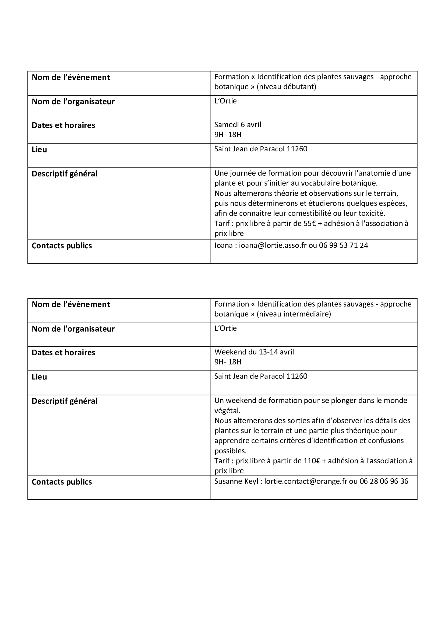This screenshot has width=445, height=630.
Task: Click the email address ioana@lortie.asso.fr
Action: (273, 245)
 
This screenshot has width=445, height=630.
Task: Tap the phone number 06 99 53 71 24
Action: (343, 245)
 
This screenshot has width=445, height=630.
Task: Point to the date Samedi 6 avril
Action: (238, 125)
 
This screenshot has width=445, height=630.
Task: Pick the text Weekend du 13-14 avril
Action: (254, 352)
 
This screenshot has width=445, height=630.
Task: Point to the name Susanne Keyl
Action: (236, 481)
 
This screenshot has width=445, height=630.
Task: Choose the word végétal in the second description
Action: (227, 411)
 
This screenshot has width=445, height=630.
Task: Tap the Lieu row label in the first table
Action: (40, 149)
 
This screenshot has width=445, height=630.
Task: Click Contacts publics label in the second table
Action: (62, 482)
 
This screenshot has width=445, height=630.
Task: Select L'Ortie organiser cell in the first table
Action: (225, 101)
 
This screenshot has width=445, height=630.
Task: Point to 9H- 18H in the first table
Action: (228, 134)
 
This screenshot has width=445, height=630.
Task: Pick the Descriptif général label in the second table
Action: (65, 401)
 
